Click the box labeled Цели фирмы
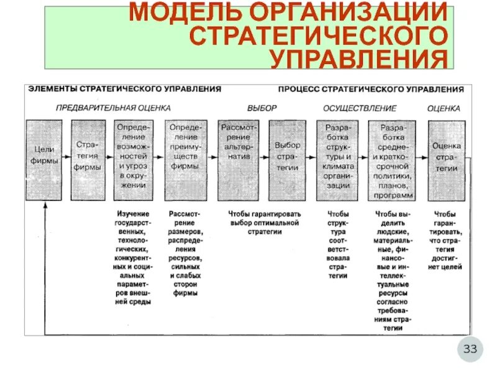point(45,160)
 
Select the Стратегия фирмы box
point(88,160)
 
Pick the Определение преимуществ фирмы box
point(183,160)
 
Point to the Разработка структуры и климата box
point(337,160)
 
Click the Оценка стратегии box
point(445,160)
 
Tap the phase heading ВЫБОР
point(262,108)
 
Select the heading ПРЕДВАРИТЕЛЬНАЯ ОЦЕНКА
point(113,108)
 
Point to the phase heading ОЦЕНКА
point(444,108)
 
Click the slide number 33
point(470,349)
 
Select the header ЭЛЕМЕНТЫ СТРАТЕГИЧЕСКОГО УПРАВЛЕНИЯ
point(124,90)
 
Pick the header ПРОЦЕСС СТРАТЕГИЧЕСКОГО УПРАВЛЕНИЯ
point(371,90)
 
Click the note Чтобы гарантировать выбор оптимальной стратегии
point(263,223)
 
